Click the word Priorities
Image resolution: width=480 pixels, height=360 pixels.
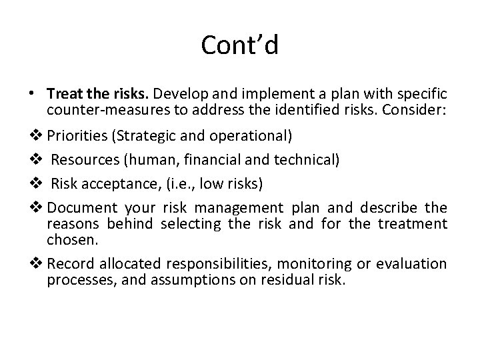(78, 137)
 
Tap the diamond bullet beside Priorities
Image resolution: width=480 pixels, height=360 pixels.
(37, 137)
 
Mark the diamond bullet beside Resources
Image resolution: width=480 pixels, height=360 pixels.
(37, 160)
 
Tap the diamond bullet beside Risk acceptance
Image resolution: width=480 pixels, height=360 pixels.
(37, 183)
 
